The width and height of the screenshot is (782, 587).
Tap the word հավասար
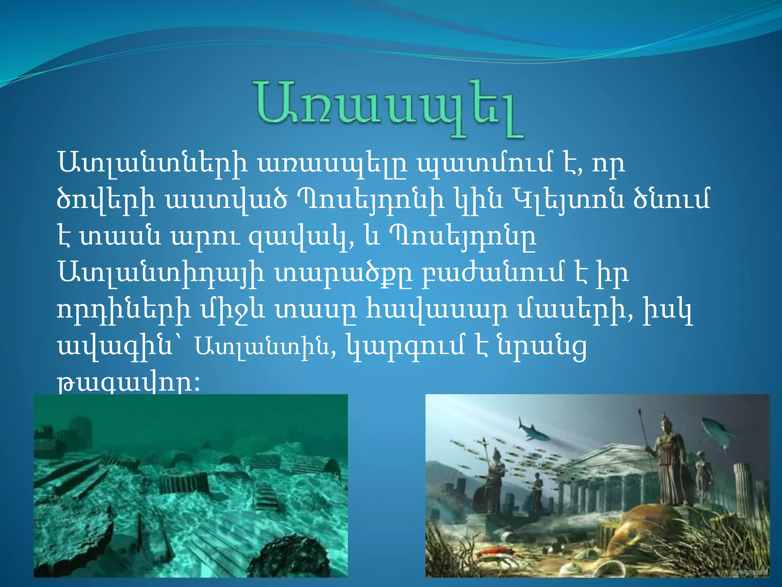pos(437,310)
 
